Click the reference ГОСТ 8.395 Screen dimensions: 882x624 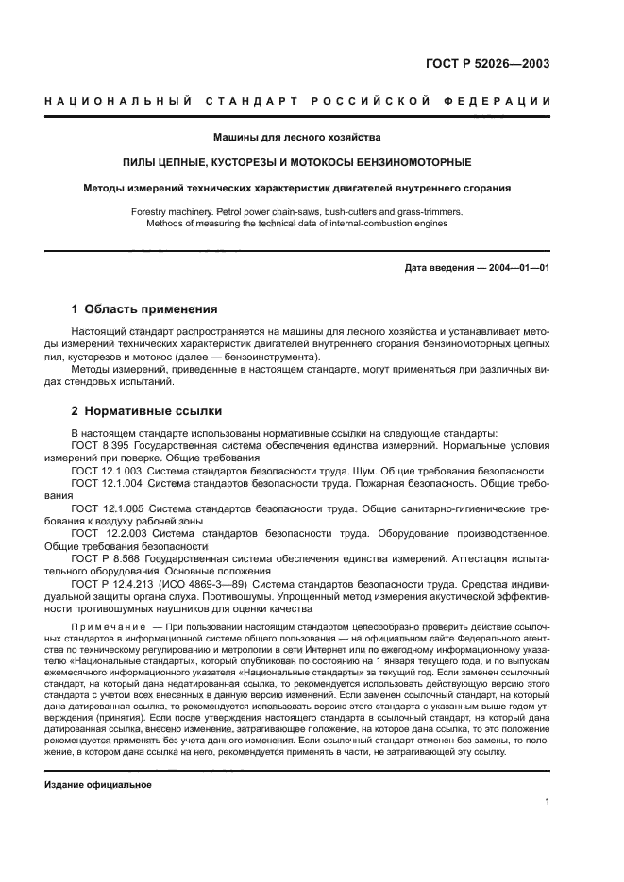point(101,446)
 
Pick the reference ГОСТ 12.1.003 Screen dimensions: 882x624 point(106,471)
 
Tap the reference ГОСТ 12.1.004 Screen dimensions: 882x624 point(106,483)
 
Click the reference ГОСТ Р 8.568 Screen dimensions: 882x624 point(106,558)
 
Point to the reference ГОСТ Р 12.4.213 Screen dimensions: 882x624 point(111,583)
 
